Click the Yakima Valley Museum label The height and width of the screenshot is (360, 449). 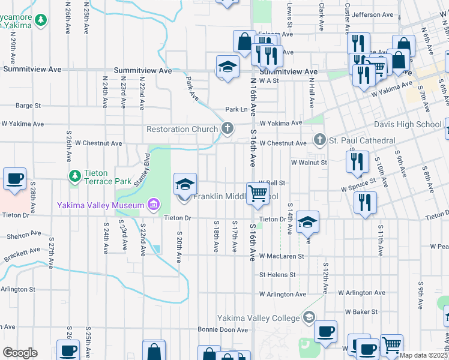100,205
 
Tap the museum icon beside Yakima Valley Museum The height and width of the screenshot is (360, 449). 153,205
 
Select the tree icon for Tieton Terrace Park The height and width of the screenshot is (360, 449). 75,176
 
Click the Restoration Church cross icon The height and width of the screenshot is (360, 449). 228,127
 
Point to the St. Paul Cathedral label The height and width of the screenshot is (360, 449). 362,141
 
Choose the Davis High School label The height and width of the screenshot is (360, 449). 408,125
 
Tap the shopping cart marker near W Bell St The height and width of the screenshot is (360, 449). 258,193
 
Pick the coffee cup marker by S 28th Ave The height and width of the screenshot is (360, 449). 14,178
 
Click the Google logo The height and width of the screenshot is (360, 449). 20,353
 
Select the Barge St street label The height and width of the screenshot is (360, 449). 28,106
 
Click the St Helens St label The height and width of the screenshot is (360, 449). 277,275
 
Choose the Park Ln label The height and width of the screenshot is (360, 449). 236,110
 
